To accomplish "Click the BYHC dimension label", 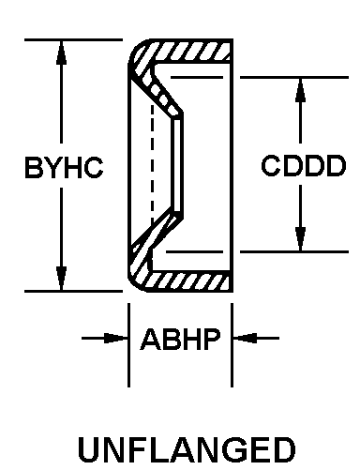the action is [x=64, y=168].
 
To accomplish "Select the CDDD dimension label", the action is [x=304, y=165].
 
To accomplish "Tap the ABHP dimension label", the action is [x=181, y=339].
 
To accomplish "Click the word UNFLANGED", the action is [x=187, y=450].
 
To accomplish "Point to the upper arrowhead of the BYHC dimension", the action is [x=61, y=53].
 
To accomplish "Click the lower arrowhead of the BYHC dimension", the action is [x=61, y=279].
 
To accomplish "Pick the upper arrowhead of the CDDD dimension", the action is [x=300, y=90].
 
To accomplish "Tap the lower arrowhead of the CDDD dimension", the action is [x=300, y=239].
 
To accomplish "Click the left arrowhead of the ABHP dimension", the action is [x=115, y=338].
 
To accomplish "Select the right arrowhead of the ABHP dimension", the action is [x=245, y=338].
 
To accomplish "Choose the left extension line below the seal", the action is [x=128, y=345].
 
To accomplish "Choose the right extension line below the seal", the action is [x=232, y=345].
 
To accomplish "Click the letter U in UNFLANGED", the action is [x=89, y=450].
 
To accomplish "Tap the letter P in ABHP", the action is [x=212, y=339].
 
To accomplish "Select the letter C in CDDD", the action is [x=271, y=165].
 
